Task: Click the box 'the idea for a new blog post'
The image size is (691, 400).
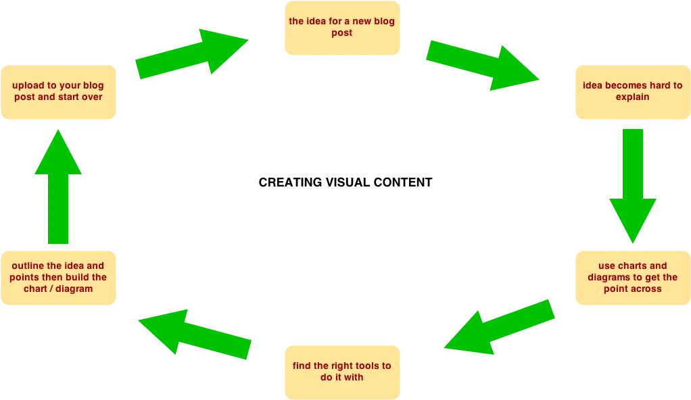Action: click(x=341, y=27)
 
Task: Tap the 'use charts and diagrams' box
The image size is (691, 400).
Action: click(x=632, y=277)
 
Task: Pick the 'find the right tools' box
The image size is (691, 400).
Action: click(x=341, y=371)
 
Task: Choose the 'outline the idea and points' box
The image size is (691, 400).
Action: click(x=58, y=277)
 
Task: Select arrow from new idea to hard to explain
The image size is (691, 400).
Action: click(x=481, y=65)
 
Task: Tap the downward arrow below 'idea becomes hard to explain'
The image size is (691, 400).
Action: click(x=633, y=182)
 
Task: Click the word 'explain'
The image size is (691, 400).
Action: click(x=632, y=97)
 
